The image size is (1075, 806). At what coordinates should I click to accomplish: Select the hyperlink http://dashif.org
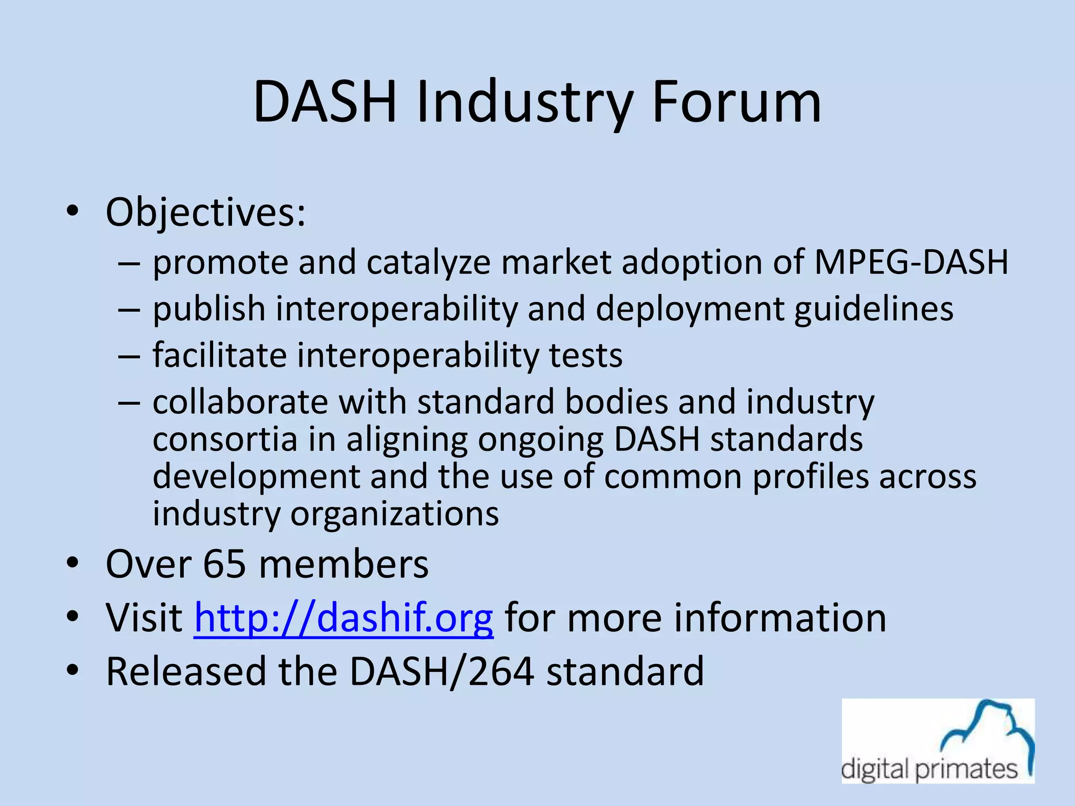[344, 618]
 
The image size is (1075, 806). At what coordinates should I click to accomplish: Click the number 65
[225, 565]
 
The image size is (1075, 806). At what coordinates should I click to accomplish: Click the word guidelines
[873, 309]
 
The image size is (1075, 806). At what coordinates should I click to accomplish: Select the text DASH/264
[441, 671]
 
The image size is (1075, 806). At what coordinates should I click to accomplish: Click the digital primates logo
[938, 740]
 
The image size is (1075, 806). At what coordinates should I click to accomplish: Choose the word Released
[186, 671]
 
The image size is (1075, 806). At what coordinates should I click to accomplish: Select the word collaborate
[240, 402]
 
